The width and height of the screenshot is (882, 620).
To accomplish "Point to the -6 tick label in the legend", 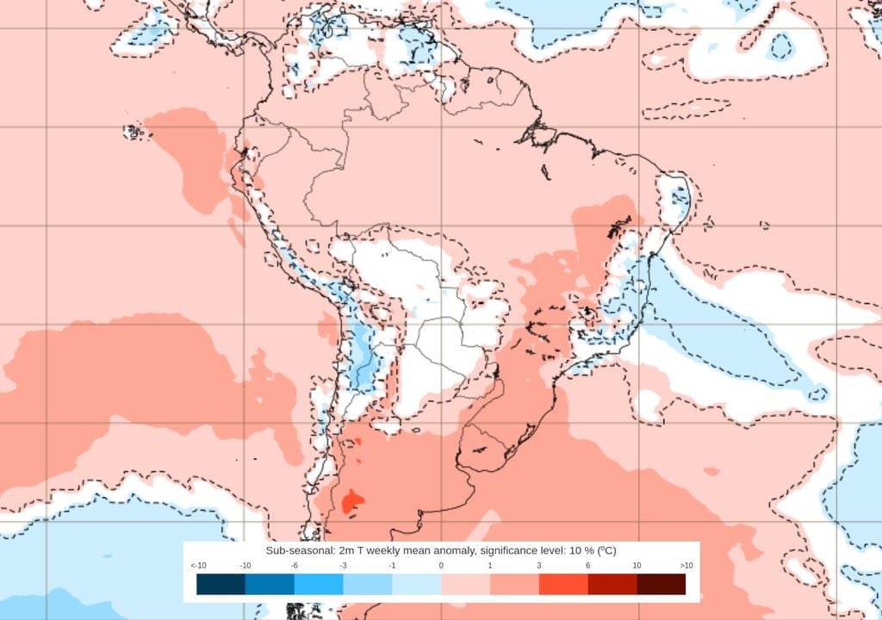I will tap(294, 566).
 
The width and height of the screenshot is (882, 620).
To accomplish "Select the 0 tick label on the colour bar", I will tap(441, 566).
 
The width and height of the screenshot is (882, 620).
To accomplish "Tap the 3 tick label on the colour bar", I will tap(539, 566).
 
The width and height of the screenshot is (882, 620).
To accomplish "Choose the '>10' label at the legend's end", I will tap(686, 566).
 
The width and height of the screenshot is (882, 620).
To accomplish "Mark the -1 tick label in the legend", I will tap(392, 566).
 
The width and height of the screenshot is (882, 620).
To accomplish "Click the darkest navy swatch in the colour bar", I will tap(220, 585).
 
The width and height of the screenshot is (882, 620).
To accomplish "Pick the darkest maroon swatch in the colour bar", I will tap(661, 585).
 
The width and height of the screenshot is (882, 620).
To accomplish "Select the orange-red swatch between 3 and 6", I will tap(563, 585).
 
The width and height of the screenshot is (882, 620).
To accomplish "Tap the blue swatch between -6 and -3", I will tap(319, 585).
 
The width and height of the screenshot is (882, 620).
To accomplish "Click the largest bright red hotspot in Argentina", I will tap(351, 500).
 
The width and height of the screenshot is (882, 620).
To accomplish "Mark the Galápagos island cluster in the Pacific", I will tap(134, 132).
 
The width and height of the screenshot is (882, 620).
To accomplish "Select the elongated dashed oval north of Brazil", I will tap(686, 108).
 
